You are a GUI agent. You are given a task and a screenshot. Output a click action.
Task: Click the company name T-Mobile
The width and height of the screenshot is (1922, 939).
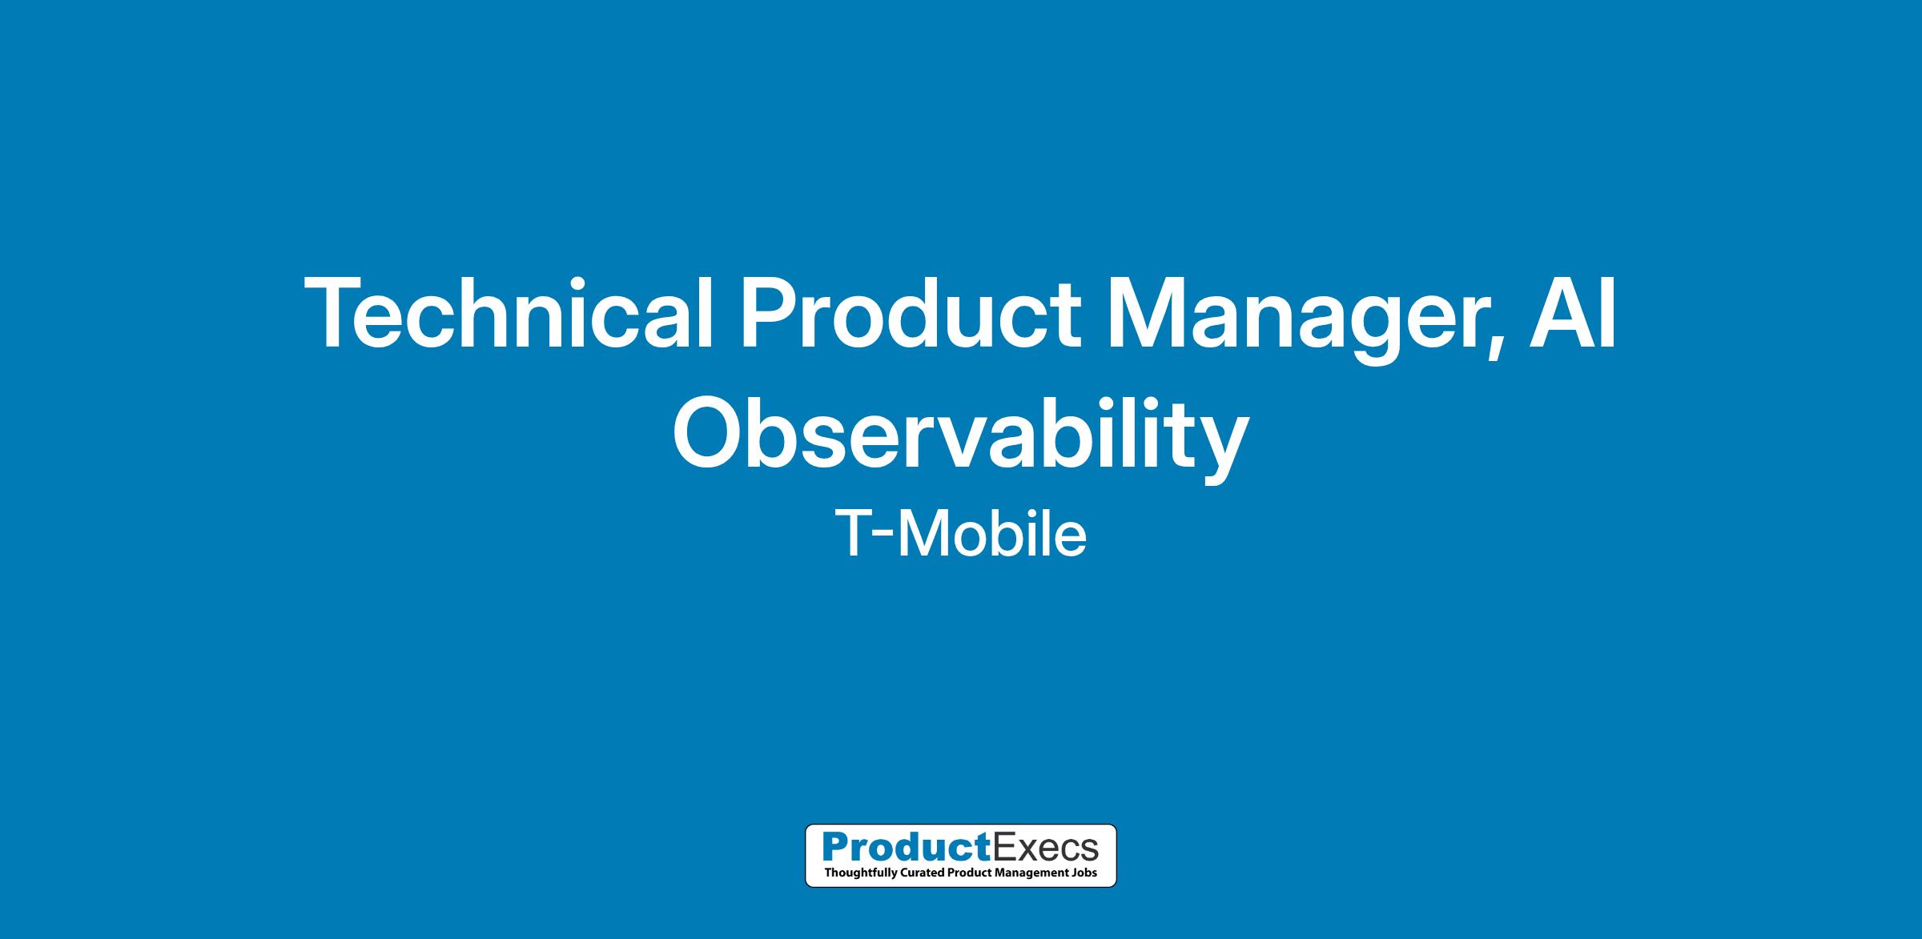[x=961, y=534]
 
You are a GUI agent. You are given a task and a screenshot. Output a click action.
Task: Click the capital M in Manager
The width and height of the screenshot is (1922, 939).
[x=1148, y=313]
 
